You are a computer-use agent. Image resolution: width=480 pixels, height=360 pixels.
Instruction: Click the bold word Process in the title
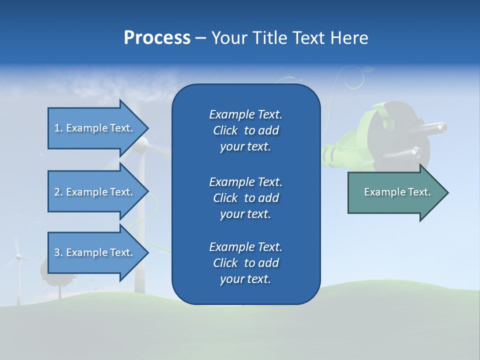tap(157, 37)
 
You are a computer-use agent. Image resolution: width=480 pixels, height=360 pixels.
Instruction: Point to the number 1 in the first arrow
tap(57, 128)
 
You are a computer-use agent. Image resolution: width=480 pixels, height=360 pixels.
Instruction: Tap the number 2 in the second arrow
tap(57, 192)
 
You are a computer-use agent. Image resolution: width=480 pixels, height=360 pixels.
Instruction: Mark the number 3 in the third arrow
tap(57, 252)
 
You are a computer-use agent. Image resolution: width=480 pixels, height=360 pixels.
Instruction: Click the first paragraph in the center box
tap(245, 130)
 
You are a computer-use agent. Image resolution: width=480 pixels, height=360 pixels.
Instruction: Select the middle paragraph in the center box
tap(245, 197)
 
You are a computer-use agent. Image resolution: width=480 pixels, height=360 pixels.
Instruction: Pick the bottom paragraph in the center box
tap(245, 262)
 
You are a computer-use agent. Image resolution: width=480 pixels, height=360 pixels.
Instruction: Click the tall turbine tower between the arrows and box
tap(141, 225)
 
